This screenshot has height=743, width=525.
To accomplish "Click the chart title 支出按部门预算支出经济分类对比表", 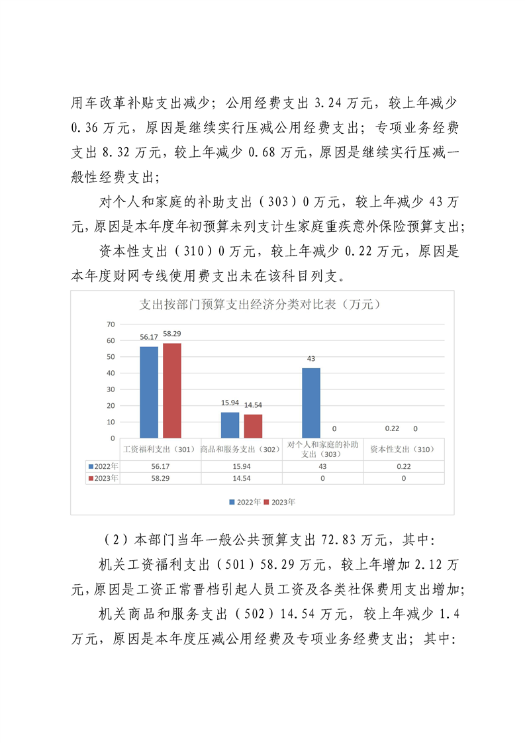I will (x=262, y=305).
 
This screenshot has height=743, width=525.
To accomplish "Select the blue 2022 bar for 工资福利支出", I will (x=148, y=392).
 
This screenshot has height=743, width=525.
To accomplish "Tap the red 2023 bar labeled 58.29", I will (x=172, y=390).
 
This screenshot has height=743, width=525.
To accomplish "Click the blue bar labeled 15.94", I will (x=230, y=424).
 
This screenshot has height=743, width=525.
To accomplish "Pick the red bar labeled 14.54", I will (x=254, y=426).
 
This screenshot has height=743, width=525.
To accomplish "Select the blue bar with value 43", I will (x=310, y=403).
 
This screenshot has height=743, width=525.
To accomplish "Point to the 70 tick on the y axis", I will (x=111, y=324).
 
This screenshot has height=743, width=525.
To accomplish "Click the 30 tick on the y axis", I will (x=111, y=389).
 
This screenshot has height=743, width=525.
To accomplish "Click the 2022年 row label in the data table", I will (x=104, y=466).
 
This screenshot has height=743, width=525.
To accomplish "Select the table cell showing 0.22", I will (x=404, y=466).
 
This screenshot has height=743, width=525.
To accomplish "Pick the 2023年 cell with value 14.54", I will (x=241, y=478).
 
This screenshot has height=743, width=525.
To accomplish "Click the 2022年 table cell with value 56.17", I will (x=160, y=466).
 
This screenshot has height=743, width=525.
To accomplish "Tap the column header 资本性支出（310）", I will (x=404, y=450).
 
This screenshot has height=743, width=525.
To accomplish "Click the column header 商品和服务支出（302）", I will (x=241, y=450).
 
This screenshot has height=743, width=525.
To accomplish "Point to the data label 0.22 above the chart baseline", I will (x=392, y=429).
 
